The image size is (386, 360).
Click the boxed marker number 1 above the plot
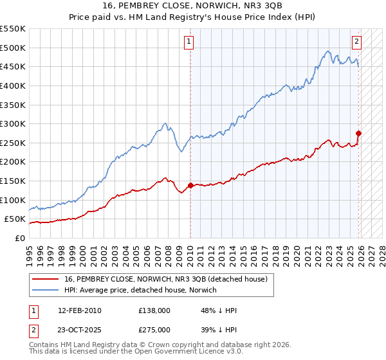point(190,42)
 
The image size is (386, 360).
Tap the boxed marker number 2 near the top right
point(356,42)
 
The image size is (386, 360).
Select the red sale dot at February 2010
point(190,186)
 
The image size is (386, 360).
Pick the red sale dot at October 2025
point(359,134)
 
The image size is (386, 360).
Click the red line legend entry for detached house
point(170,279)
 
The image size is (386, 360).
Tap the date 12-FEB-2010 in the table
point(79,310)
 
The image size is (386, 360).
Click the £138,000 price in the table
point(154,310)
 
